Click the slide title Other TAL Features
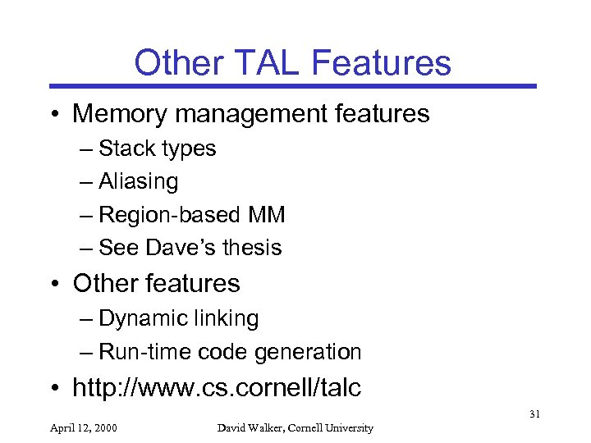[292, 62]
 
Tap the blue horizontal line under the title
[292, 85]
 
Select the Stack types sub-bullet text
[157, 148]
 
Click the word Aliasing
[138, 180]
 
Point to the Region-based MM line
[191, 215]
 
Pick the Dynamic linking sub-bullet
[178, 318]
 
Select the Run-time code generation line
[230, 352]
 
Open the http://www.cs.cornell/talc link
[217, 388]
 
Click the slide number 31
[534, 414]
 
